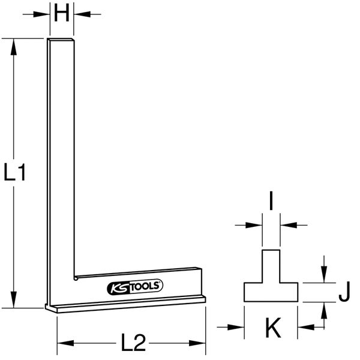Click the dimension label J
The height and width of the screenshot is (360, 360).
[x=343, y=295]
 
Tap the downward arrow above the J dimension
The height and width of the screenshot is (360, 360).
[x=325, y=276]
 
